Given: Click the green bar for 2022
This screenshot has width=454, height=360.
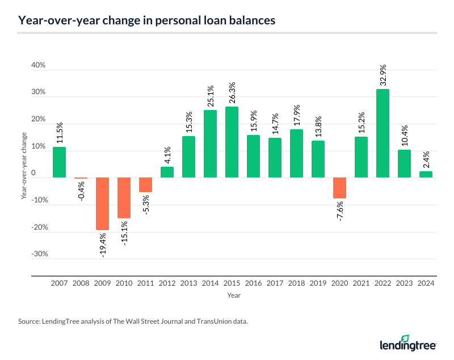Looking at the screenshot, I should (x=382, y=133).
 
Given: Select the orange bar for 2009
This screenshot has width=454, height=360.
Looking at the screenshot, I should (x=102, y=204).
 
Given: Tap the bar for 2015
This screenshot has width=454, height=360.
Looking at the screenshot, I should (x=232, y=142).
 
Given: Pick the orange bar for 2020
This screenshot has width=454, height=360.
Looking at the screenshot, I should (x=339, y=188).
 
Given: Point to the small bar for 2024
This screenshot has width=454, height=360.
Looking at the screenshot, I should (x=426, y=175).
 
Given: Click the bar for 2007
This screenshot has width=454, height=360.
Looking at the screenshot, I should (x=59, y=162).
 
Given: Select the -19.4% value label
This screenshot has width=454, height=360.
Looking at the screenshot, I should (x=102, y=245).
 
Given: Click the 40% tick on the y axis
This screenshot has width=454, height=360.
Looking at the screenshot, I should (x=38, y=66).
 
